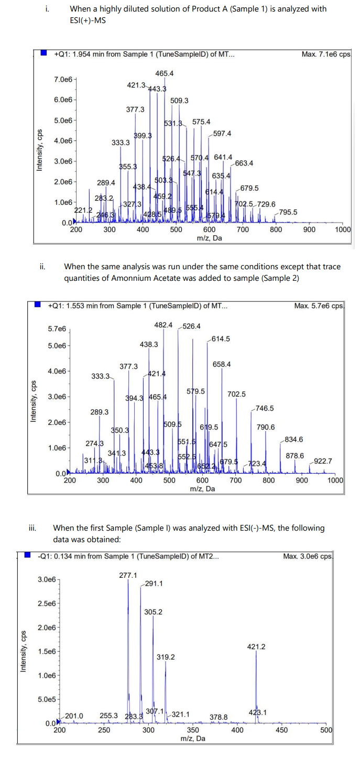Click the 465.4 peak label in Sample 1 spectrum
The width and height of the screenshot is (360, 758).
click(165, 73)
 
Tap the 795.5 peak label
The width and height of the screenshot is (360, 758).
click(288, 212)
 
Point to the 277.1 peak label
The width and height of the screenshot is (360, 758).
click(128, 575)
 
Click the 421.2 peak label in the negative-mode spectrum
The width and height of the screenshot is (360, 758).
click(256, 647)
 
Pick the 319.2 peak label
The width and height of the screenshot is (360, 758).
click(166, 657)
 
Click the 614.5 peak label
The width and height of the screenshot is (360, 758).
click(220, 339)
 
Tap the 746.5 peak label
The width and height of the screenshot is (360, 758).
click(265, 408)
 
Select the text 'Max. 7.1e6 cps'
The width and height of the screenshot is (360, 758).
click(326, 54)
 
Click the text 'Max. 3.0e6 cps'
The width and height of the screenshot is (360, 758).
click(308, 556)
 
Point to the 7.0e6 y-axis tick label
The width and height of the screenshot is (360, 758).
click(63, 79)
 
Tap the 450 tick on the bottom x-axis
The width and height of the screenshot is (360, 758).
click(281, 730)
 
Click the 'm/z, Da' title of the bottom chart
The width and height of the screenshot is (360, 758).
click(192, 738)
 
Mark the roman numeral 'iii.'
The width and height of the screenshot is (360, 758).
click(31, 528)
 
